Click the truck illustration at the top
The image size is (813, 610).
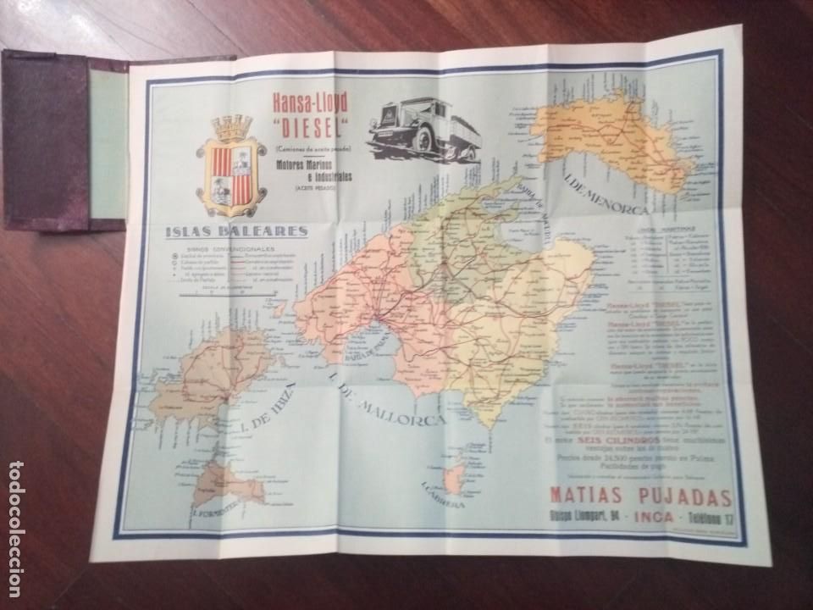tap(423, 128)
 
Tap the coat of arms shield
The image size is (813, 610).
tap(231, 175)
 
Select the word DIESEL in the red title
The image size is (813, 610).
tap(309, 125)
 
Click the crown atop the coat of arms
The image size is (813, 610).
tap(231, 127)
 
